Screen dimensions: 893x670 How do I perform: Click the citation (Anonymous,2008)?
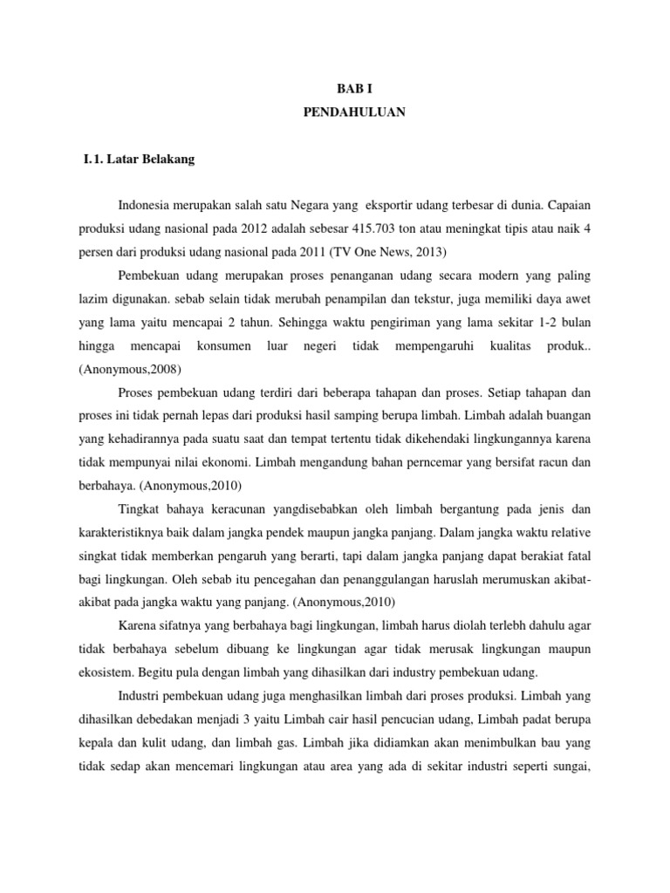[x=131, y=369]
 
